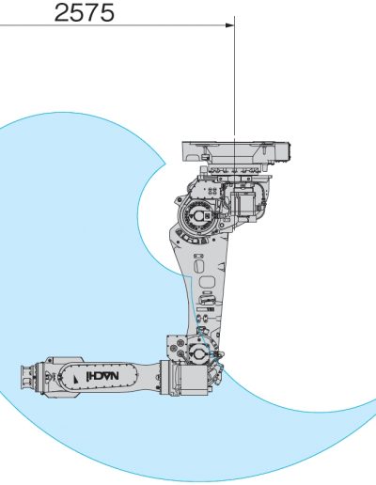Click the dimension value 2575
pyautogui.click(x=85, y=13)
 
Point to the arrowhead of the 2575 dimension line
pyautogui.click(x=230, y=25)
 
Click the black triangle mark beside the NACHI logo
pyautogui.click(x=76, y=379)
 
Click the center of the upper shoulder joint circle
pyautogui.click(x=198, y=216)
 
